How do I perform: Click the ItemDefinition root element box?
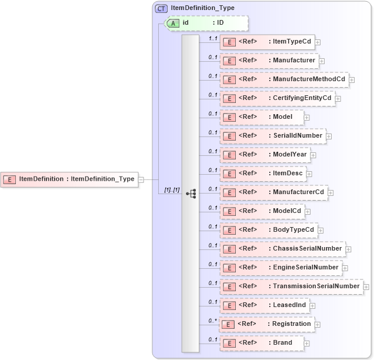pos(69,179)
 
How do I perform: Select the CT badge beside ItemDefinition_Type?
pos(161,8)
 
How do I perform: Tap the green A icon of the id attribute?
pos(173,23)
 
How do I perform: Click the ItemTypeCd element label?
pos(292,41)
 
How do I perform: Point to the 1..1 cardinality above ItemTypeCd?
pos(213,38)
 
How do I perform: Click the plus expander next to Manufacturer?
pos(322,61)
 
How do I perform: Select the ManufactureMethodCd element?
pos(285,79)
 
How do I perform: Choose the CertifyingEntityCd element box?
pos(278,98)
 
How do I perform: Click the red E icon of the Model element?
pos(229,117)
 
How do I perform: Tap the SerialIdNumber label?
pos(298,135)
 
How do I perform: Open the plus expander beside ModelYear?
pos(313,155)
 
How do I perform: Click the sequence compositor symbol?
pos(191,193)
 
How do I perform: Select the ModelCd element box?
pos(262,211)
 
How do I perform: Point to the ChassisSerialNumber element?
pos(282,249)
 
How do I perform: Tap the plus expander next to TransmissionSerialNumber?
pos(366,287)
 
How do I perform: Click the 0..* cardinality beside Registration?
pos(213,320)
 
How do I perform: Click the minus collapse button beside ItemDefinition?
pos(141,179)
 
